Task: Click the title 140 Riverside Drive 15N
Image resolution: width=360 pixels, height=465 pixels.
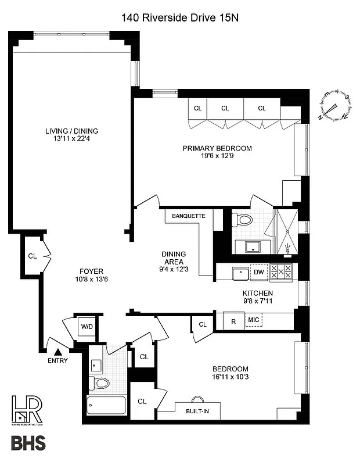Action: pyautogui.click(x=180, y=18)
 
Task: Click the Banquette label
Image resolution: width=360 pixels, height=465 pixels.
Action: pyautogui.click(x=188, y=216)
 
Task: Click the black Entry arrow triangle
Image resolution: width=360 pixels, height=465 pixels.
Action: pyautogui.click(x=57, y=351)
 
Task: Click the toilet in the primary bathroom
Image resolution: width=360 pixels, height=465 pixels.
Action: pyautogui.click(x=243, y=219)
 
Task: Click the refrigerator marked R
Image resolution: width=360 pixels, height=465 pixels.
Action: pyautogui.click(x=233, y=321)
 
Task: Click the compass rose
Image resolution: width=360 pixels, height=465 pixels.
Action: pyautogui.click(x=334, y=108)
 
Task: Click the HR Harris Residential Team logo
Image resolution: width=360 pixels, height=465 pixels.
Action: pyautogui.click(x=26, y=410)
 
